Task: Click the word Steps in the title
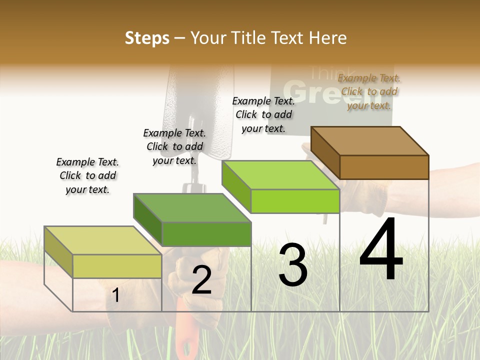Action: coord(147,38)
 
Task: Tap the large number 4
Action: coord(381,250)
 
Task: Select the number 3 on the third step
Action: coord(292,265)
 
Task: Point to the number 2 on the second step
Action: coord(201,280)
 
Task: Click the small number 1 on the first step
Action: coord(116,295)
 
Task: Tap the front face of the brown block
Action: coord(384,167)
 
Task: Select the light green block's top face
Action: coord(280,175)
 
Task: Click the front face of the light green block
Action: coord(295,201)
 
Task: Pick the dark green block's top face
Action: coord(192,208)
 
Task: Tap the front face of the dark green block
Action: coord(206,234)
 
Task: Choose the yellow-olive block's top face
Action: coord(103,240)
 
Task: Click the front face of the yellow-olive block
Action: coord(117,266)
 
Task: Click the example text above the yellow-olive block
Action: coord(87,175)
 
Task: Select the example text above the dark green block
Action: coord(174,146)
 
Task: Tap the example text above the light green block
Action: coord(263,114)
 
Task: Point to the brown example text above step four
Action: coord(369,91)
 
